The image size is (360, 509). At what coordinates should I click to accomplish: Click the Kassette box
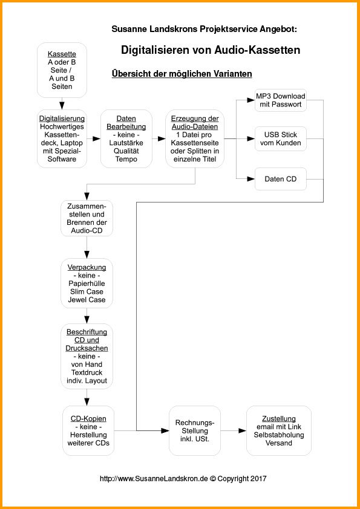[x=62, y=70]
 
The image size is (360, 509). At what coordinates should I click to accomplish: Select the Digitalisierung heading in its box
[x=62, y=118]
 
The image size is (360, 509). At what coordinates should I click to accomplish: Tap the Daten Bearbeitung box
[x=126, y=138]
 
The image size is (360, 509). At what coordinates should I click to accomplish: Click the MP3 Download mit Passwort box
[x=281, y=100]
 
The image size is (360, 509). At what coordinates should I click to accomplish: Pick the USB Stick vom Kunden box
[x=281, y=138]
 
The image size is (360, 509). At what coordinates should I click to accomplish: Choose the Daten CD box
[x=281, y=179]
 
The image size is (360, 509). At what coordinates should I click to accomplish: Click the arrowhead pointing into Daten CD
[x=251, y=179]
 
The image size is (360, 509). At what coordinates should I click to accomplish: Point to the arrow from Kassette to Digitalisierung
[x=62, y=103]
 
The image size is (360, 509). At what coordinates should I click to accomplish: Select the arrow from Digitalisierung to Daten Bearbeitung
[x=94, y=138]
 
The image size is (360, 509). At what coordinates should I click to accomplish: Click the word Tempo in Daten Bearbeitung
[x=126, y=160]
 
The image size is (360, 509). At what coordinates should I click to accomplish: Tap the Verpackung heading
[x=87, y=267]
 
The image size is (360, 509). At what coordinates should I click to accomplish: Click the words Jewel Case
[x=87, y=299]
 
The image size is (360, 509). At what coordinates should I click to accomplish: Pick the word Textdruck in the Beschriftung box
[x=87, y=372]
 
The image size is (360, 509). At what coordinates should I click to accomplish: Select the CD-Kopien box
[x=89, y=430]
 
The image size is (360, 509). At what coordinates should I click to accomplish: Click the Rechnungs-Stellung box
[x=195, y=430]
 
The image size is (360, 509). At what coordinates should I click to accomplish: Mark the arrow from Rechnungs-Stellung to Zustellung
[x=234, y=430]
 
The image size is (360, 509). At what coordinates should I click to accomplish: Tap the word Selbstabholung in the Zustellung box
[x=279, y=435]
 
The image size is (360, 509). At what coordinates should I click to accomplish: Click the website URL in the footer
[x=154, y=479]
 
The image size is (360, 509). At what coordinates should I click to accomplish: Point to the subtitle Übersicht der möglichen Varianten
[x=182, y=74]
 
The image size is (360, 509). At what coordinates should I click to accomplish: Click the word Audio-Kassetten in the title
[x=257, y=50]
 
